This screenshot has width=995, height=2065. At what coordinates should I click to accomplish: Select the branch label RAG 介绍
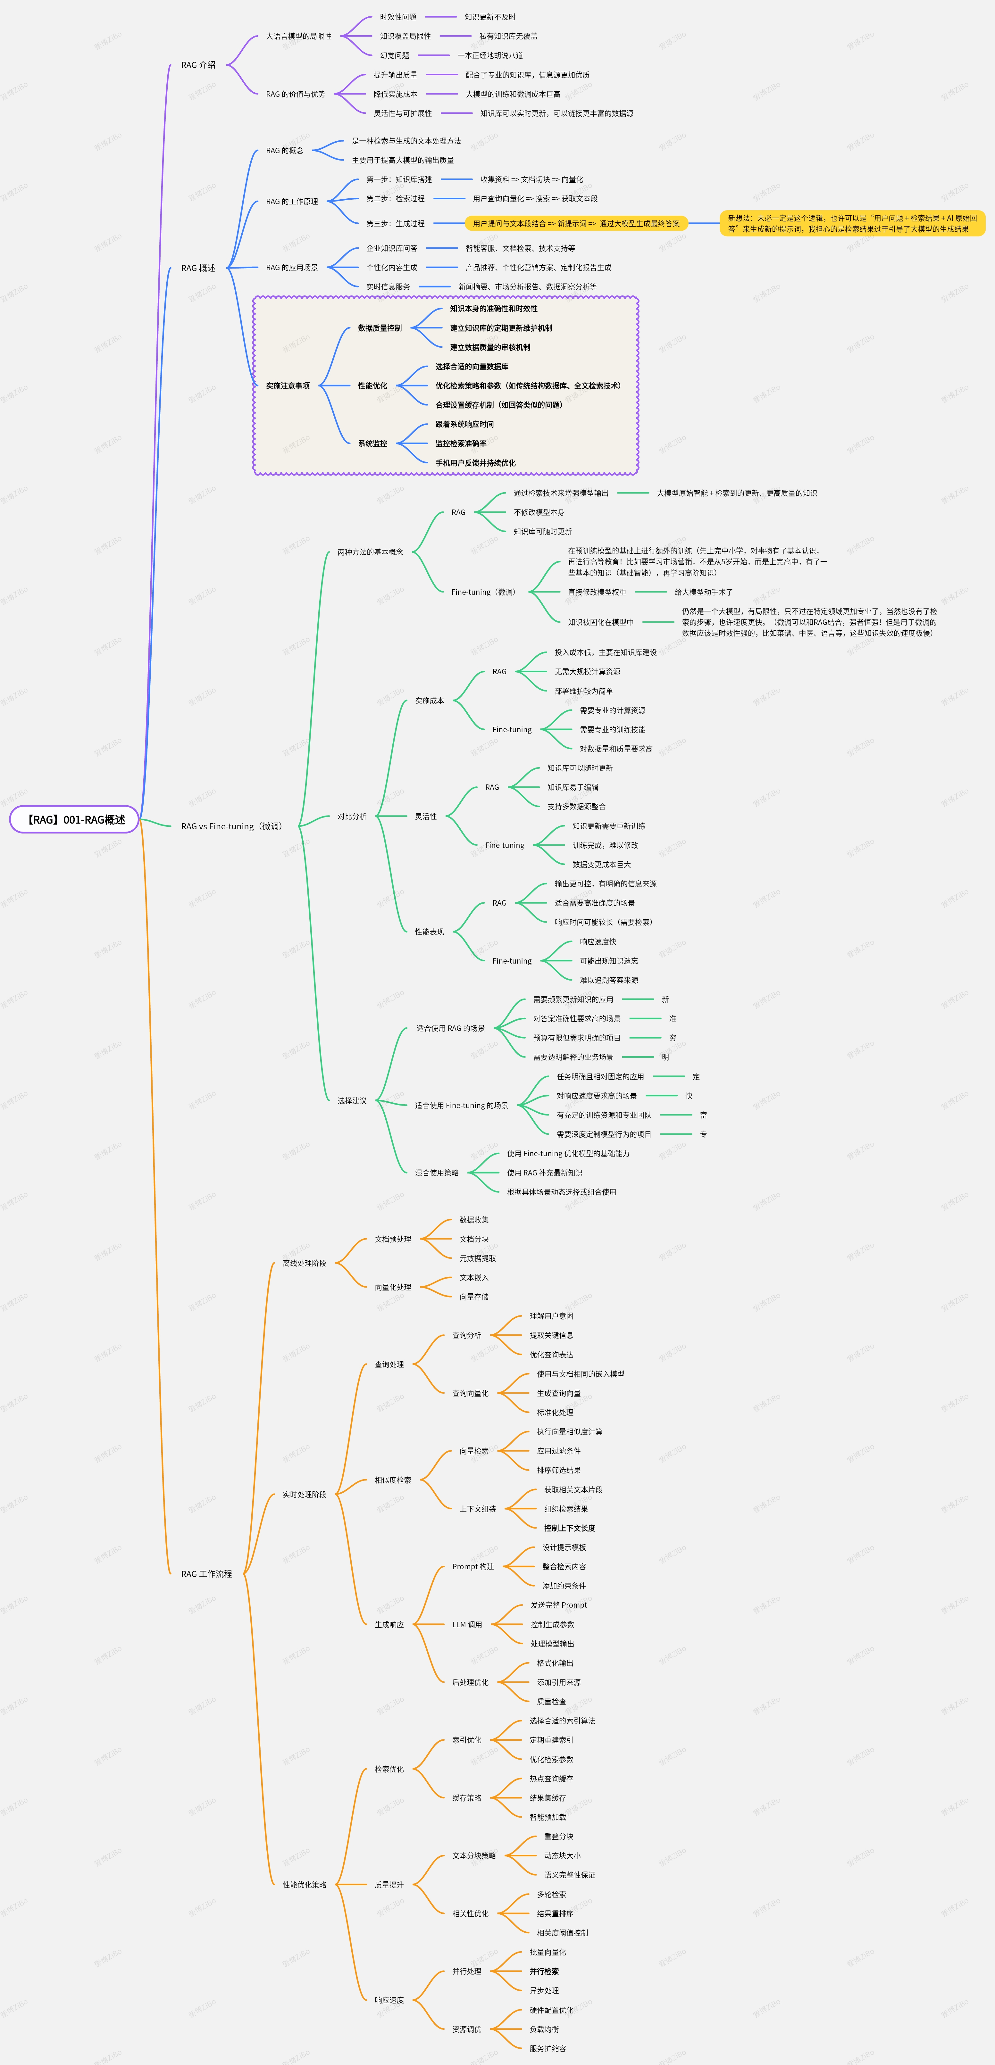click(x=198, y=65)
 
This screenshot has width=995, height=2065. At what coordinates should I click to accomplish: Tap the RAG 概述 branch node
click(x=198, y=268)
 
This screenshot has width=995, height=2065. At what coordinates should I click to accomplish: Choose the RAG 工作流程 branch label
click(x=206, y=1574)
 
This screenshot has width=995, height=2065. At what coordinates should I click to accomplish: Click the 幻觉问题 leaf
click(x=395, y=55)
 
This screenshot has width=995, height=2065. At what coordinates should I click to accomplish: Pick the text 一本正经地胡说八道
click(x=490, y=55)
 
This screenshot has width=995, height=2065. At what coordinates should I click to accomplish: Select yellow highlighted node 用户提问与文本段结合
click(x=576, y=224)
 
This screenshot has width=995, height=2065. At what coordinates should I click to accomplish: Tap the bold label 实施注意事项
click(x=288, y=386)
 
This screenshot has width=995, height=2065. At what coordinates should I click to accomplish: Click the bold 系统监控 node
click(x=372, y=443)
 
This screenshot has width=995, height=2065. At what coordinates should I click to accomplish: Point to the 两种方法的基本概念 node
click(x=370, y=551)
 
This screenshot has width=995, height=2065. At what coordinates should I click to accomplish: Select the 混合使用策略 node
click(x=436, y=1173)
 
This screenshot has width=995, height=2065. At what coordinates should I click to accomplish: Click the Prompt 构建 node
click(x=472, y=1566)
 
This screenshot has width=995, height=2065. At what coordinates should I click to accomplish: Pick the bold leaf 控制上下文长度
click(x=569, y=1528)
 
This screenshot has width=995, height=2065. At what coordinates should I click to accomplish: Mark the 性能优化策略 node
click(x=304, y=1885)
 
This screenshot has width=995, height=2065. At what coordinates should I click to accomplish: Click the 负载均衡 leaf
click(x=544, y=2029)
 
